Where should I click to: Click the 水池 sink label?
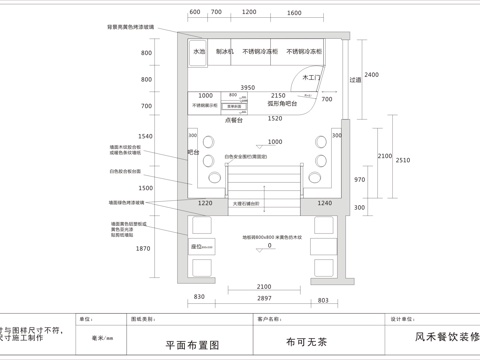click(199, 50)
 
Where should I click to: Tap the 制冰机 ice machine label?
click(224, 50)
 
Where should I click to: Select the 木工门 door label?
click(310, 76)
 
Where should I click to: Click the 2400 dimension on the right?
click(371, 76)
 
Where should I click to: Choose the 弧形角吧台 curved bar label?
click(285, 103)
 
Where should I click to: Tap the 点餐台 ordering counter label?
click(237, 118)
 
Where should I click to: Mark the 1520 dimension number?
click(276, 118)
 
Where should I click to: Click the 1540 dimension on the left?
click(146, 136)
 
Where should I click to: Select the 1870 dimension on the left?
click(144, 248)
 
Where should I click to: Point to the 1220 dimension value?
click(205, 203)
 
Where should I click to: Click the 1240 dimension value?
click(325, 203)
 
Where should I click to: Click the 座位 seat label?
click(197, 245)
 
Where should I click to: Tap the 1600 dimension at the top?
click(294, 12)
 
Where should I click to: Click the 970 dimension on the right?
click(360, 178)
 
